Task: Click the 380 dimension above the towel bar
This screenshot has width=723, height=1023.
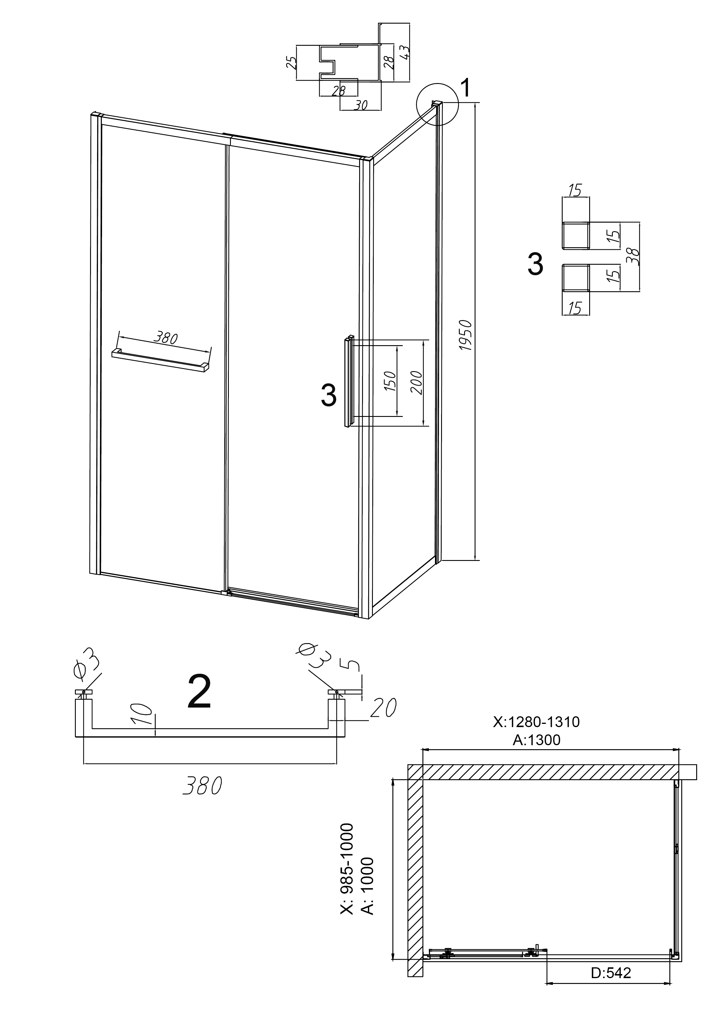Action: point(166,338)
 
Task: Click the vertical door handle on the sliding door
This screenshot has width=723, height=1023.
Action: point(348,381)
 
